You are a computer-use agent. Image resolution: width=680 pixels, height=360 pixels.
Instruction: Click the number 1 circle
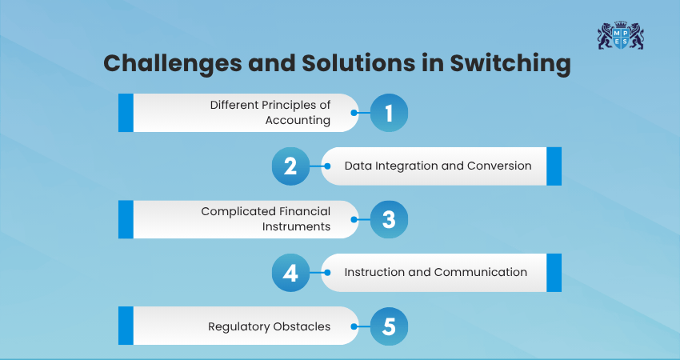tap(389, 113)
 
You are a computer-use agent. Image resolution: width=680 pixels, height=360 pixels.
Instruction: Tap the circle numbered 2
tap(290, 166)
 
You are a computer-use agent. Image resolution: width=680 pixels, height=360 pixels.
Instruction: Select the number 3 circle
tap(389, 219)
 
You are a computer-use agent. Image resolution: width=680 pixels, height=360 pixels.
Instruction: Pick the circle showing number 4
tap(290, 273)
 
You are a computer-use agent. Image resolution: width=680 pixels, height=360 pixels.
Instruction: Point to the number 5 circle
tap(389, 326)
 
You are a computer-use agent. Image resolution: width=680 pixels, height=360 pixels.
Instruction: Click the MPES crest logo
tap(621, 35)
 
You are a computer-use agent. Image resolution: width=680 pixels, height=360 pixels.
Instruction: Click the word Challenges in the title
tap(173, 63)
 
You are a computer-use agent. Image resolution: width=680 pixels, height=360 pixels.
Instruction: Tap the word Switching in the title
tap(510, 63)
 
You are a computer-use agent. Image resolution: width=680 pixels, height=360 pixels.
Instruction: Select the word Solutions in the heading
tap(358, 63)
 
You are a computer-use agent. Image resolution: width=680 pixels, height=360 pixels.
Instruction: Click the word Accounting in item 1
tap(298, 120)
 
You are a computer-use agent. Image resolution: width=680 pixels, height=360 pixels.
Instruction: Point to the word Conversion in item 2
tap(499, 166)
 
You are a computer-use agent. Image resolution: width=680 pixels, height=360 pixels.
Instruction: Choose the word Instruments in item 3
tap(296, 226)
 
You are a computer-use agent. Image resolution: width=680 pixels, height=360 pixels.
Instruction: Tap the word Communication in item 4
tap(481, 272)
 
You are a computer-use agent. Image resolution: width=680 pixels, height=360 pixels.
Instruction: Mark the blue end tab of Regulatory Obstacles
tap(126, 326)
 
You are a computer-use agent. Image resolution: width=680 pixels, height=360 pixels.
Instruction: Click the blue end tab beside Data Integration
tap(554, 166)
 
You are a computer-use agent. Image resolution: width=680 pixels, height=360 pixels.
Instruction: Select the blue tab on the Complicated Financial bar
tap(126, 219)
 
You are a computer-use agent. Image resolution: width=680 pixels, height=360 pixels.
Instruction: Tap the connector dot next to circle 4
tap(327, 273)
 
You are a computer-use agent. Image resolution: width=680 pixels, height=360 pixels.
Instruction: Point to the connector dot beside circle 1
tap(354, 113)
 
